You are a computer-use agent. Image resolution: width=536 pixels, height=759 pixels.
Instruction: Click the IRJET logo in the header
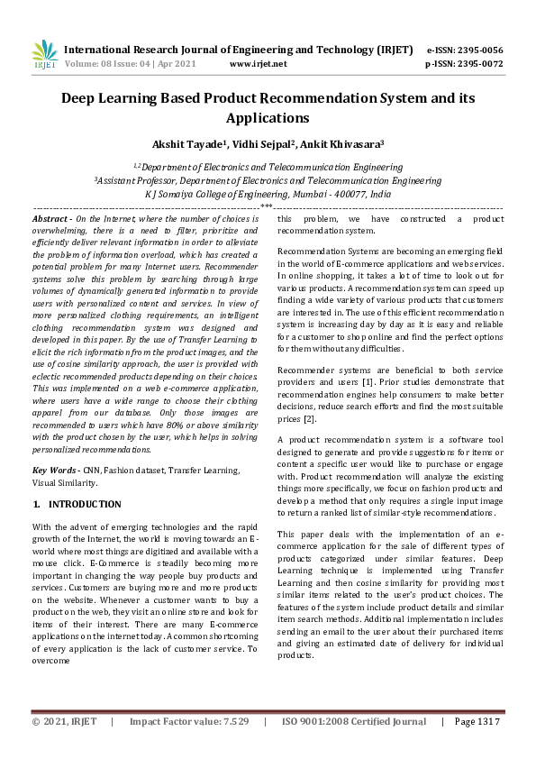pos(44,55)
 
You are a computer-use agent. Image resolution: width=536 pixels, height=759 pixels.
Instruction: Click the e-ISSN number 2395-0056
pos(479,50)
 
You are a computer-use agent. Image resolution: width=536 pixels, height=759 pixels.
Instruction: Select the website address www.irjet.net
pos(259,64)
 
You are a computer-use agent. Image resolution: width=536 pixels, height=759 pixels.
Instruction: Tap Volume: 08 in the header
pos(93,64)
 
